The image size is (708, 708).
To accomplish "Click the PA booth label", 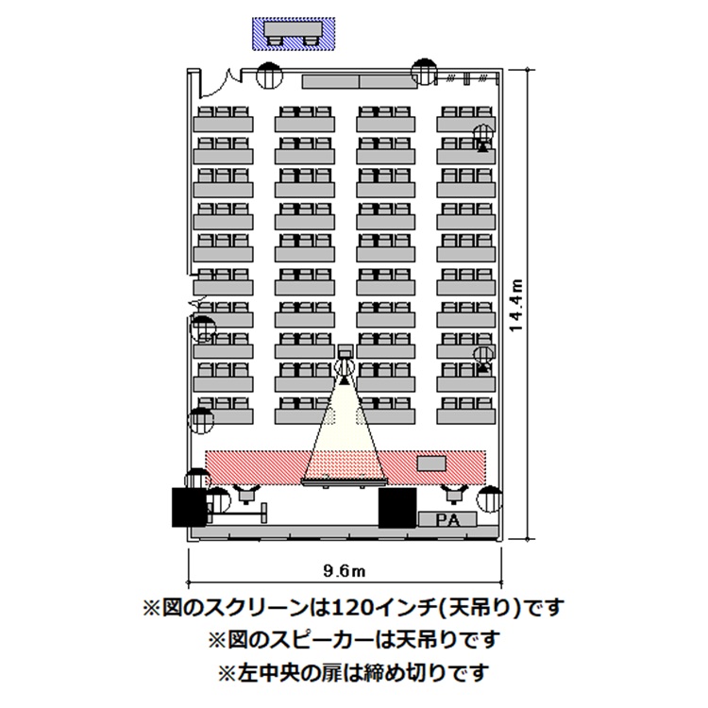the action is pos(447,520).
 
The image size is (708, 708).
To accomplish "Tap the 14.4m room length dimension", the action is pos(515,305).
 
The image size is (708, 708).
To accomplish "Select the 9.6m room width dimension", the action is pos(344,571).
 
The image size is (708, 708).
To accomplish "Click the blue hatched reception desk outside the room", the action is pos(294,33).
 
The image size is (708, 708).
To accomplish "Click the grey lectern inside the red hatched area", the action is pos(431,464).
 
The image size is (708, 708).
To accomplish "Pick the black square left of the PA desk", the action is pos(396,508).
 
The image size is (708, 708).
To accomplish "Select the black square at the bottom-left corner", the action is pos(189,507).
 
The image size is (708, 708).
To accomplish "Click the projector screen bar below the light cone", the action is pos(345,483).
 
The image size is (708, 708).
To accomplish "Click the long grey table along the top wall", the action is pos(360,82).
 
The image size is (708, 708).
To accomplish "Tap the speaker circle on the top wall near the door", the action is pos(269,75).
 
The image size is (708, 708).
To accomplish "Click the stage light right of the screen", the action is pos(454,494).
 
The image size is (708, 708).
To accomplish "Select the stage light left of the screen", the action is pos(246,494).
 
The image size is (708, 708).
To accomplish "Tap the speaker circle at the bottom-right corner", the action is pos(490,499).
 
